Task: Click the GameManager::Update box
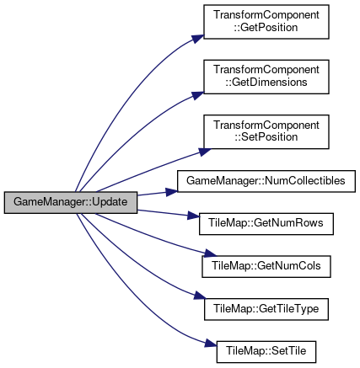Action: point(71,202)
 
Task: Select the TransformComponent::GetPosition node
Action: point(266,22)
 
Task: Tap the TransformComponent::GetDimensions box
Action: point(266,77)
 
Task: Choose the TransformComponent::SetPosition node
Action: point(266,131)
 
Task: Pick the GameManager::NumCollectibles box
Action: point(266,181)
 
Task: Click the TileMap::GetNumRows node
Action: point(266,224)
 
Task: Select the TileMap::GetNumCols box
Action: point(266,266)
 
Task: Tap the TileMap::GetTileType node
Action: point(266,309)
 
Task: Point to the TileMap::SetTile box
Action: point(266,352)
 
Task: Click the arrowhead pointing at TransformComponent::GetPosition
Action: point(198,39)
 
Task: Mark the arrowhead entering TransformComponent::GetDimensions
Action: point(198,95)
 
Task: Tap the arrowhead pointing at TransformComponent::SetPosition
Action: point(205,152)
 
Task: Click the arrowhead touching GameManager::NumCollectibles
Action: point(172,192)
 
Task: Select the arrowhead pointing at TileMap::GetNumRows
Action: point(194,216)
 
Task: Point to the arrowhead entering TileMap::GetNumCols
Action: point(210,253)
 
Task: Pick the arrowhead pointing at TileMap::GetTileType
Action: point(200,296)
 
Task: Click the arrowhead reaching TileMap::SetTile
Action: point(211,344)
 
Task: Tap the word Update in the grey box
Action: point(110,202)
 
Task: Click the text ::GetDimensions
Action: point(266,83)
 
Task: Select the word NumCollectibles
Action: point(305,181)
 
